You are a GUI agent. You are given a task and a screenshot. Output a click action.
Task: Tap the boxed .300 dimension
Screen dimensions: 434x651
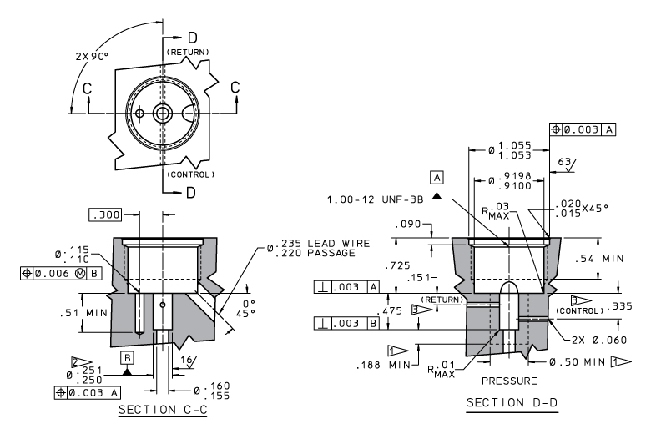[x=106, y=214]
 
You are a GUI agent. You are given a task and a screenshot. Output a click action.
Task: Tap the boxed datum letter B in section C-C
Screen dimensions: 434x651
[x=128, y=357]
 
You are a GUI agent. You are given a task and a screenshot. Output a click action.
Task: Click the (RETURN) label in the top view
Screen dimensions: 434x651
[x=189, y=52]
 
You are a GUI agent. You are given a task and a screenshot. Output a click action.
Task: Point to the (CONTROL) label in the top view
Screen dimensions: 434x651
[x=191, y=174]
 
